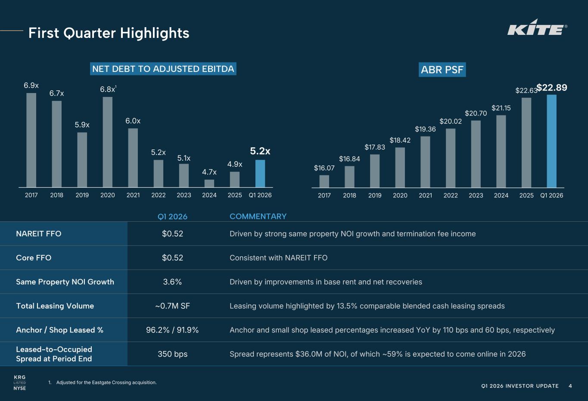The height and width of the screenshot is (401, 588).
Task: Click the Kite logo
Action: coord(537,28)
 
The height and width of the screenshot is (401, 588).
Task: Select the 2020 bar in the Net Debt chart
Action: coord(108,142)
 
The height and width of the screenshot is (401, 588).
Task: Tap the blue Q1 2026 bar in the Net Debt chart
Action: coord(260,174)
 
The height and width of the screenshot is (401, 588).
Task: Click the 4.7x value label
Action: coord(209,172)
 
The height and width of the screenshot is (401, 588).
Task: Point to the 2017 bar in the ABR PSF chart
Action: coord(324,181)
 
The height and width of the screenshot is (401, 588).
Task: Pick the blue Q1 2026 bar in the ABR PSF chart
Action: coord(551,141)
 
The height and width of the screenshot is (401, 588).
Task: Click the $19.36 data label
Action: coord(425,129)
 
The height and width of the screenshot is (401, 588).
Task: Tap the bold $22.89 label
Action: coord(552,88)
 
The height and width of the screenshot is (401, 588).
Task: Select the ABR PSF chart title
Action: coord(442,70)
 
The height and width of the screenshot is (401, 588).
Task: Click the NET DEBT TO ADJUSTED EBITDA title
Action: coord(163,69)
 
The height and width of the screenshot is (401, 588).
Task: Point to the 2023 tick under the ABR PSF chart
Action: coord(476,196)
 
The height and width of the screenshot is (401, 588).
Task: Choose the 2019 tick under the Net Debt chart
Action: coord(82,195)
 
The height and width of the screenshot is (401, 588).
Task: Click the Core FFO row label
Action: coord(34,258)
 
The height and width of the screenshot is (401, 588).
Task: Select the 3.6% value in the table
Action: coord(172,282)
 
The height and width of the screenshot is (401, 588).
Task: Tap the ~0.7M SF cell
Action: coord(172,306)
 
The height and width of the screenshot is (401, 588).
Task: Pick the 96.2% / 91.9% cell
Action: coord(172,330)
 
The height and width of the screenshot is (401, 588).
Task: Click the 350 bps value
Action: coord(172,354)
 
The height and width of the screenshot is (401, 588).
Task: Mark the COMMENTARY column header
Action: coord(258,216)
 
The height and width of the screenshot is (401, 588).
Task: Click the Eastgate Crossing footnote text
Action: coord(106,382)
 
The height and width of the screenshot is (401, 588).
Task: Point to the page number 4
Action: coord(570,386)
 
